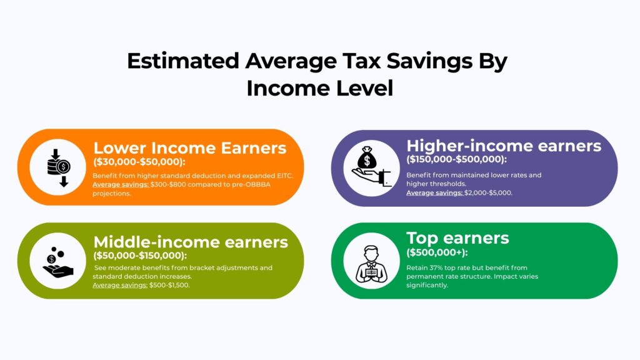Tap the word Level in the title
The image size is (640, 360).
[x=362, y=88]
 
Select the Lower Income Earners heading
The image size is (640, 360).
[x=189, y=148]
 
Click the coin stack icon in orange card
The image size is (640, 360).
[x=57, y=167]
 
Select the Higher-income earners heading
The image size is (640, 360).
[x=504, y=146]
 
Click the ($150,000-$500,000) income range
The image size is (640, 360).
[x=457, y=159]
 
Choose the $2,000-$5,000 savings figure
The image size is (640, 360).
[x=489, y=193]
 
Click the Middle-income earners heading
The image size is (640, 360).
[x=191, y=242]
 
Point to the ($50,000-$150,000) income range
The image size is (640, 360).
[x=140, y=255]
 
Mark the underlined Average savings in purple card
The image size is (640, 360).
[x=434, y=193]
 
